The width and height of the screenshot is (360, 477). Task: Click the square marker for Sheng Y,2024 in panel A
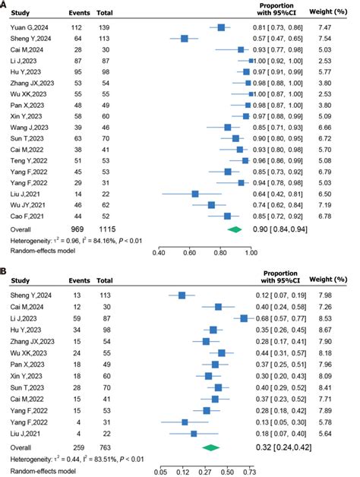185,38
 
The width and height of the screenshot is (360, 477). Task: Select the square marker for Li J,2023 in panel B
244,319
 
